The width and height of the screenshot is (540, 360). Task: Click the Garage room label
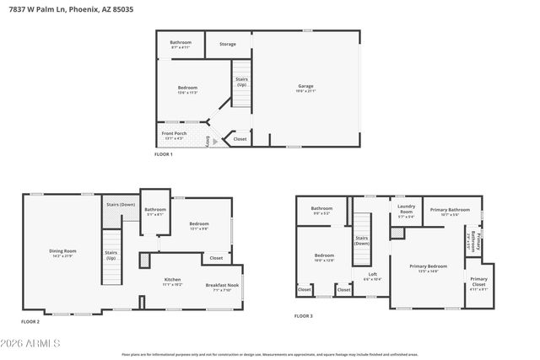coord(305,87)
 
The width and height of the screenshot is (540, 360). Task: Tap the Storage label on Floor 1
coord(228,43)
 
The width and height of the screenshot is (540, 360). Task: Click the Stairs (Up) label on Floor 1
coord(242,83)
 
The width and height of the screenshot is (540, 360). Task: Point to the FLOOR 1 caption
coord(163,154)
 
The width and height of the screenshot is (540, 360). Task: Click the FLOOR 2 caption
coord(30,321)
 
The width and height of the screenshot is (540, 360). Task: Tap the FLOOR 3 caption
coord(303,315)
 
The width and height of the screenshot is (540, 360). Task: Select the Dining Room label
coord(63,251)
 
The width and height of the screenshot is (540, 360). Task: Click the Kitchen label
coord(172,281)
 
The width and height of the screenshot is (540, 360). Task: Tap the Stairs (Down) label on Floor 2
coord(121,205)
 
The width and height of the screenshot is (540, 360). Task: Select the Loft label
coord(372,274)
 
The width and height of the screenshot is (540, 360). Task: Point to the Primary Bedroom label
coord(429,267)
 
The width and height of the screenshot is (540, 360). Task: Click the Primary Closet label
coord(478,281)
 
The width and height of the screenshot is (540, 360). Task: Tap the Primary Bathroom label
coord(450,210)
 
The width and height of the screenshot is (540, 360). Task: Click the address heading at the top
coord(62,9)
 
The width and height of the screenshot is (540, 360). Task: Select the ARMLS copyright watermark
coord(31,344)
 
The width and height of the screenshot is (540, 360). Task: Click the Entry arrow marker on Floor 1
coord(213,142)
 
